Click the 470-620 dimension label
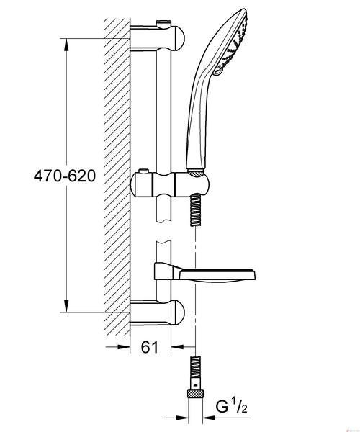click(x=65, y=176)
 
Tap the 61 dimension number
click(x=150, y=347)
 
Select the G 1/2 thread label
click(x=232, y=408)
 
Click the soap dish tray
click(x=217, y=276)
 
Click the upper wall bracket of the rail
click(x=157, y=37)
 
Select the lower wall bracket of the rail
click(x=157, y=312)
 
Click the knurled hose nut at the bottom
click(x=195, y=393)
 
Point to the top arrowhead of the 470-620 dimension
click(x=66, y=45)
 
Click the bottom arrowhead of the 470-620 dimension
click(x=66, y=306)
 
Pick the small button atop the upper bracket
click(x=163, y=24)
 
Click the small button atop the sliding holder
click(x=143, y=171)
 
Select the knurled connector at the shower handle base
click(x=195, y=173)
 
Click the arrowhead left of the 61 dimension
click(x=123, y=347)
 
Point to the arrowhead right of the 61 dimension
click(x=177, y=347)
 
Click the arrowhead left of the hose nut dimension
click(x=181, y=418)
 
